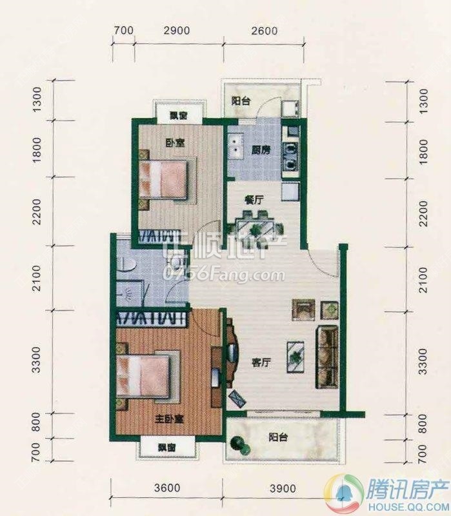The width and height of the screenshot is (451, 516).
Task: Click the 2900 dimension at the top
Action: [x=176, y=30]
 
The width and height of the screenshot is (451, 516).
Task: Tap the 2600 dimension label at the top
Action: [x=263, y=30]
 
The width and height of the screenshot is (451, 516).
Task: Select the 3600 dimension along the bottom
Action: [x=166, y=488]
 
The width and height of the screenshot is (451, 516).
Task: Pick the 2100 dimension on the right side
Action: [x=423, y=278]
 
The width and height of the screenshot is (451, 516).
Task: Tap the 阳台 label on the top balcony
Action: [x=241, y=101]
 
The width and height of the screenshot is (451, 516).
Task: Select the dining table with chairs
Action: [x=257, y=228]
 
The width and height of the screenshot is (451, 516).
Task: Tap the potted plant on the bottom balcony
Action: [x=239, y=444]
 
